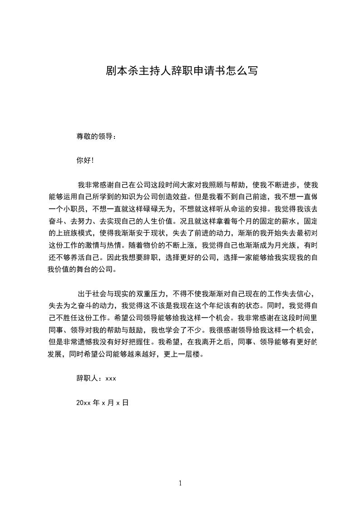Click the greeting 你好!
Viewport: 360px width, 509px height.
85,160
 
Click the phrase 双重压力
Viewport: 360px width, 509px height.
146,293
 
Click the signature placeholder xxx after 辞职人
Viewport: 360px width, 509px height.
111,378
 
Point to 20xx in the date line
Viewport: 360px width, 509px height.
84,402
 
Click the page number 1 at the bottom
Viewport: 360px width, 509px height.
180,483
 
